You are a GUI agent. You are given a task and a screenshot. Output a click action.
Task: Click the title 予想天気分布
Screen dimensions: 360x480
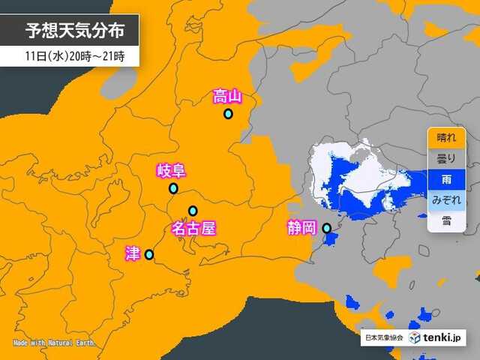click(73, 32)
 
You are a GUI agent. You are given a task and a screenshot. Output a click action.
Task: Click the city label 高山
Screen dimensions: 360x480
click(227, 96)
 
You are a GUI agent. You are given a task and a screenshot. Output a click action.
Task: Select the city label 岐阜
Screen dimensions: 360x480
click(170, 171)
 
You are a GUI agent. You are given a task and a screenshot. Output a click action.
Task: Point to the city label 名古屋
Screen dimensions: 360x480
click(193, 228)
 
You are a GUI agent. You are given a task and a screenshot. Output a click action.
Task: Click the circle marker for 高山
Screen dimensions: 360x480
click(228, 114)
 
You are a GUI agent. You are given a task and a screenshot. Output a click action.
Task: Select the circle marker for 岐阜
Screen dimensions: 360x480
click(173, 188)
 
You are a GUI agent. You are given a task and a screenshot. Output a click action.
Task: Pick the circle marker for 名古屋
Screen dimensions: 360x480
click(193, 211)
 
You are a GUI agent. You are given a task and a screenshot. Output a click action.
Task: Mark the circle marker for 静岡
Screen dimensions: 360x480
click(326, 227)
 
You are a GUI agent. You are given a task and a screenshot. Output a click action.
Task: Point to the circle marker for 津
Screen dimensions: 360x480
click(148, 254)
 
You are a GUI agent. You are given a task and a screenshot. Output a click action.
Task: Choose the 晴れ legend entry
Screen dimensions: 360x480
click(445, 138)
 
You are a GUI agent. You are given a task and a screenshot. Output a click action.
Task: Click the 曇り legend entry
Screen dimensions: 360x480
click(445, 158)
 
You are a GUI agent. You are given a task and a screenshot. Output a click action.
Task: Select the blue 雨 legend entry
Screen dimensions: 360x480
click(445, 179)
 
